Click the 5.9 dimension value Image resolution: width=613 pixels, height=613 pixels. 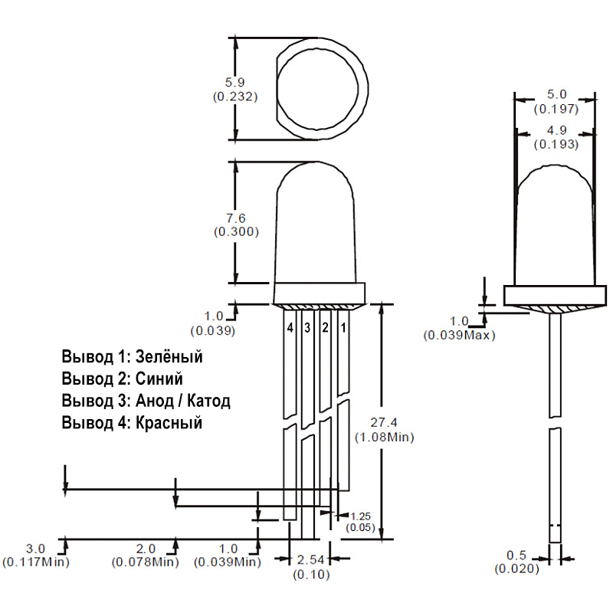click(x=235, y=83)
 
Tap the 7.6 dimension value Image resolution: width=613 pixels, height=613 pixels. click(x=236, y=218)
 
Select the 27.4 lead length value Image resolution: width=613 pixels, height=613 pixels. click(x=384, y=422)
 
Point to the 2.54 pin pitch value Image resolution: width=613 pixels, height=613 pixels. click(x=311, y=560)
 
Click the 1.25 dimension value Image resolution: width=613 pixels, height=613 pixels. click(x=360, y=516)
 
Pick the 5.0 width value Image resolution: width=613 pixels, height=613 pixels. click(x=557, y=94)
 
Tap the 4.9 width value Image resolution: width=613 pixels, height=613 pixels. click(x=557, y=130)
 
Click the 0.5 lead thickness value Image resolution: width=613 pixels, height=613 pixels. click(x=516, y=555)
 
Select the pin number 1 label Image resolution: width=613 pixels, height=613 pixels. click(x=343, y=328)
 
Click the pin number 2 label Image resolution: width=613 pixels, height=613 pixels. click(x=325, y=328)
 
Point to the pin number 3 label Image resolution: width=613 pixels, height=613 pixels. click(x=307, y=328)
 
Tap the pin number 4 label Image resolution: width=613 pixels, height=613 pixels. click(x=290, y=328)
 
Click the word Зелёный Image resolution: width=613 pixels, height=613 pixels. click(x=169, y=356)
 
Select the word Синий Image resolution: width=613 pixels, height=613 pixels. click(x=159, y=379)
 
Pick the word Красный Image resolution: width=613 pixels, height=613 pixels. click(x=169, y=423)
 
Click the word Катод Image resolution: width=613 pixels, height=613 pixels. click(x=208, y=401)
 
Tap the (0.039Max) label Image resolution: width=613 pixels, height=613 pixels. click(x=459, y=336)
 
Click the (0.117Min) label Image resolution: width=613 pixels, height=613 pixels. click(x=36, y=562)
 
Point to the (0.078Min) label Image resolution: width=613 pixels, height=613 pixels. click(x=146, y=562)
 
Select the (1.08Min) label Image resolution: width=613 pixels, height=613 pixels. click(x=385, y=437)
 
